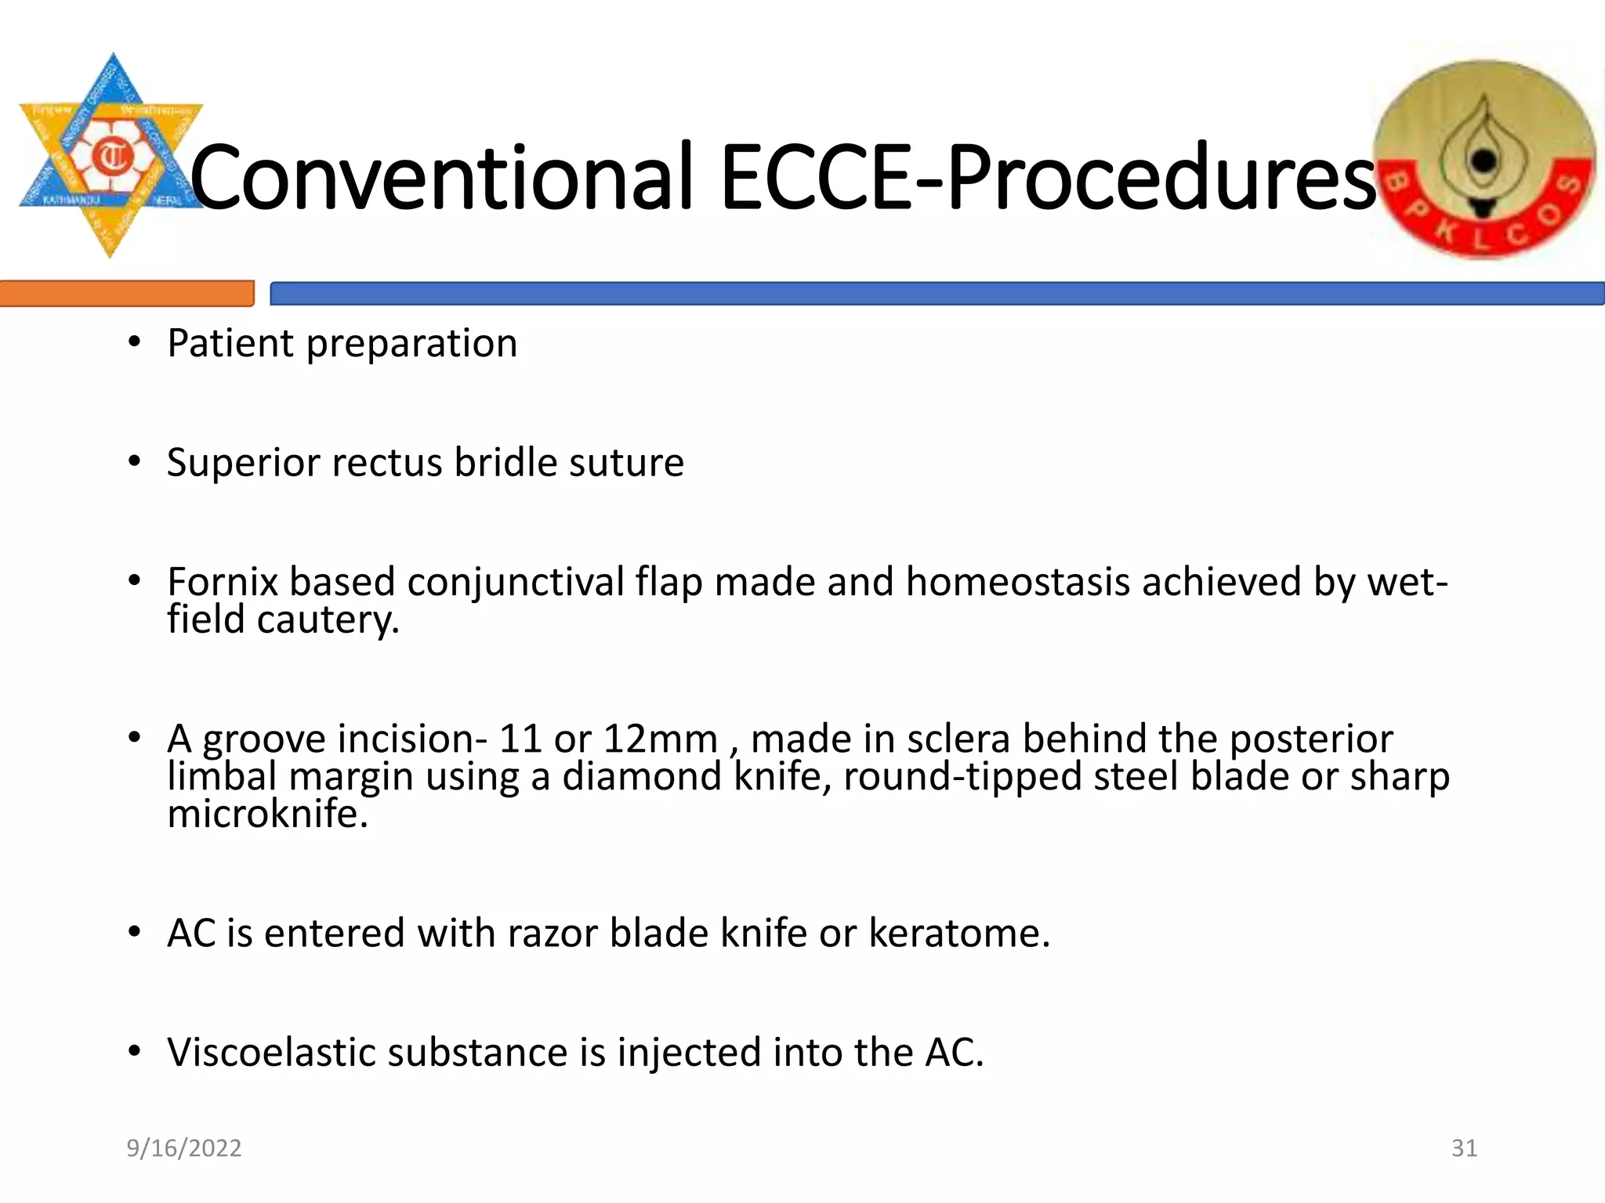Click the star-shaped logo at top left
tap(111, 156)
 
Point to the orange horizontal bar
tap(126, 294)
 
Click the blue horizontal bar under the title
tap(937, 294)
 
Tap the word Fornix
tap(223, 582)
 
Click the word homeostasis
tap(1018, 582)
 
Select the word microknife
tap(266, 814)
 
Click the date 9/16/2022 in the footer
tap(184, 1148)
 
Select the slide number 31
tap(1464, 1148)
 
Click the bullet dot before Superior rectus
tap(135, 462)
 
